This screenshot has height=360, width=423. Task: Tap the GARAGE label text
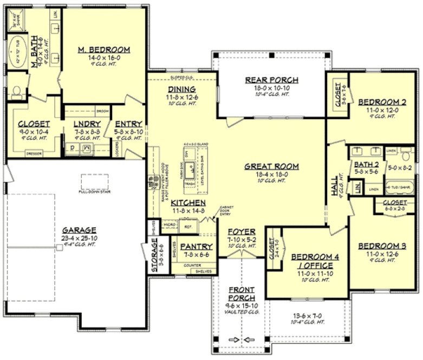[79, 229]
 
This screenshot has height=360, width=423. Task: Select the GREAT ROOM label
[271, 166]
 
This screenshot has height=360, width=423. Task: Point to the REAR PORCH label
[271, 80]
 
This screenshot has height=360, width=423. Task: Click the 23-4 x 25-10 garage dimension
[79, 237]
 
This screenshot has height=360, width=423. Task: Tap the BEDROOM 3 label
[382, 246]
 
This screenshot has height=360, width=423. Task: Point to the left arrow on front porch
[233, 340]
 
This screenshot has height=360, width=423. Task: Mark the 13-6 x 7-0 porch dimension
[309, 315]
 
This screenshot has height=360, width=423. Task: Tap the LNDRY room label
[87, 123]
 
